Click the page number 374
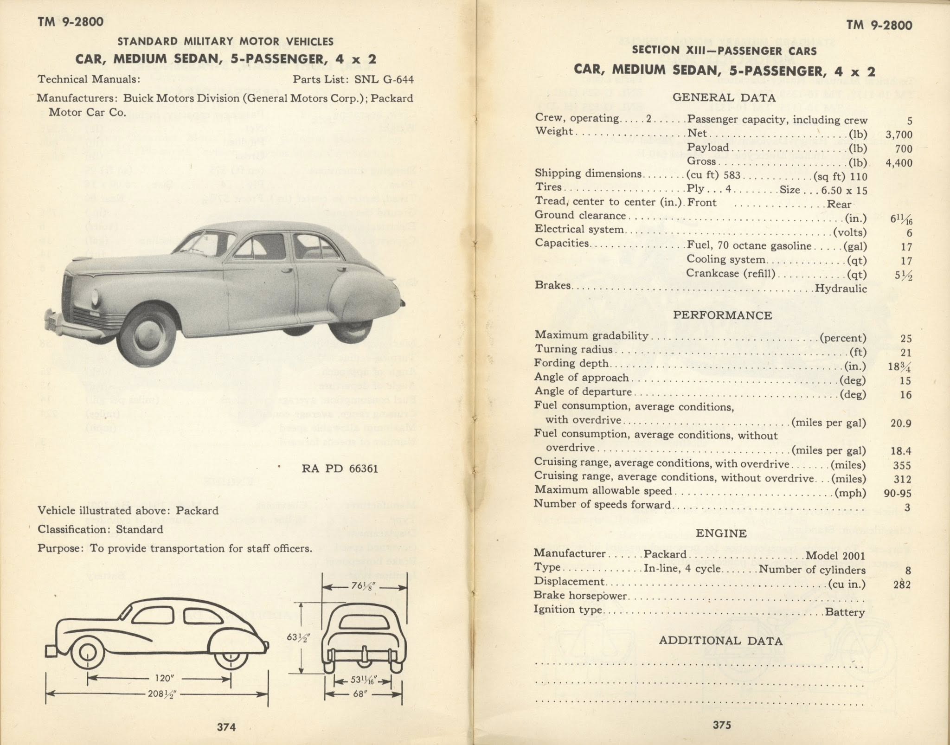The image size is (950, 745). pyautogui.click(x=226, y=726)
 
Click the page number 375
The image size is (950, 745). pyautogui.click(x=722, y=725)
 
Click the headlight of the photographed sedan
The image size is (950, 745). pyautogui.click(x=96, y=295)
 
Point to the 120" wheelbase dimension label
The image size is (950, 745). pyautogui.click(x=163, y=678)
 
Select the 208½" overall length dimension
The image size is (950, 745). pyautogui.click(x=162, y=694)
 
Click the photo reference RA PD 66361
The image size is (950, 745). pyautogui.click(x=340, y=469)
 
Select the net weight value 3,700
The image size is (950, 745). pyautogui.click(x=898, y=135)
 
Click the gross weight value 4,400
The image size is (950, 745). pyautogui.click(x=898, y=163)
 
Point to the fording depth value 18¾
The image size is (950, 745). pyautogui.click(x=899, y=366)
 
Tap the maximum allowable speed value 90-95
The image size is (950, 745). pyautogui.click(x=897, y=493)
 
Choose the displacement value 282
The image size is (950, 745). pyautogui.click(x=902, y=584)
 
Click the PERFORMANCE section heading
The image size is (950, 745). pyautogui.click(x=722, y=315)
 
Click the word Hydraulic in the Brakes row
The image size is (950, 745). pyautogui.click(x=841, y=289)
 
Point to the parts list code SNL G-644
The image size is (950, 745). pyautogui.click(x=384, y=79)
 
